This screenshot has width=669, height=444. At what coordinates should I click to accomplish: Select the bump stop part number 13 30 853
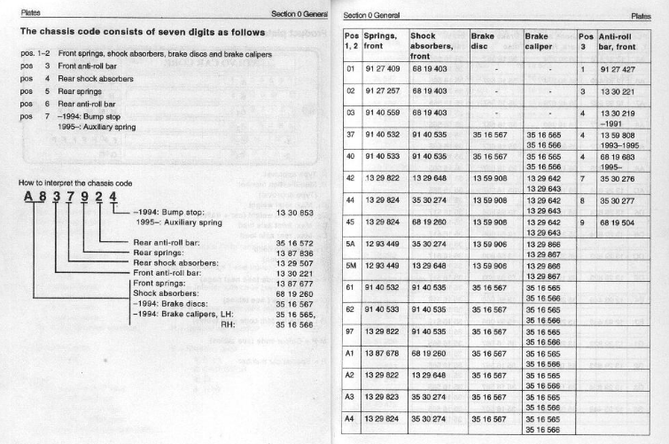click(x=293, y=214)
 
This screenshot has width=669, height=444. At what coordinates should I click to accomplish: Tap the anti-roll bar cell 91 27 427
click(x=618, y=67)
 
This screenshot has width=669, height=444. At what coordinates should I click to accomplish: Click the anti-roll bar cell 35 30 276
click(x=618, y=179)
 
